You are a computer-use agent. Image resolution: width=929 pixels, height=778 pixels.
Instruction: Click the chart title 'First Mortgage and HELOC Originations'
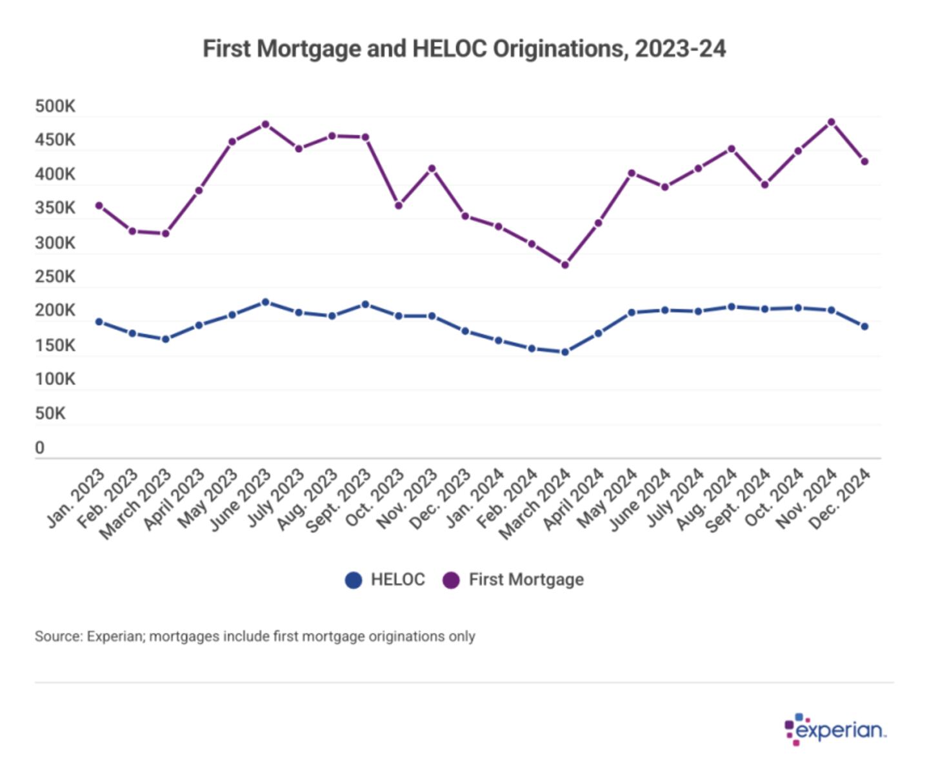[x=464, y=49]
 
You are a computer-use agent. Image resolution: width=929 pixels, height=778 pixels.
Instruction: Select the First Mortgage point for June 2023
[x=265, y=125]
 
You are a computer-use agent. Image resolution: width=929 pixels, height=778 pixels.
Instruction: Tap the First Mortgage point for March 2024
[x=565, y=264]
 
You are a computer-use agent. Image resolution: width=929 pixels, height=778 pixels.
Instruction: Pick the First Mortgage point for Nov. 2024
[x=831, y=122]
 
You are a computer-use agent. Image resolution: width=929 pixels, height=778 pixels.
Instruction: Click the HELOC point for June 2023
[x=265, y=302]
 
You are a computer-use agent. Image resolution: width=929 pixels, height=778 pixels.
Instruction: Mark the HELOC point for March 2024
[x=565, y=352]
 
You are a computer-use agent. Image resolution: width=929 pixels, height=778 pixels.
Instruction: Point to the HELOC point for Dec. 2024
[x=864, y=326]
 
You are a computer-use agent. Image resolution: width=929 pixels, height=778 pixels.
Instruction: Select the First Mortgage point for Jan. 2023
[x=99, y=206]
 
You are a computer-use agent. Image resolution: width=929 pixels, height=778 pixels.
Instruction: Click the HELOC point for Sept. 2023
[x=365, y=304]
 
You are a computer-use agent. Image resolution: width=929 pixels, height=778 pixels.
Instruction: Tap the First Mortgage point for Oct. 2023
[x=399, y=206]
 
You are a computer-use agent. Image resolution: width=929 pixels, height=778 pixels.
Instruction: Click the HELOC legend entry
[x=385, y=580]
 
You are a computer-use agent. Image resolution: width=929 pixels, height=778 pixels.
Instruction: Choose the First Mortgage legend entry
[x=514, y=580]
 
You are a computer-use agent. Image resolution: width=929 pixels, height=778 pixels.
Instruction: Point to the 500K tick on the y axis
[x=55, y=106]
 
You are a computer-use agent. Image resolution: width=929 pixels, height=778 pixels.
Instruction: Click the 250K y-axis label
[x=55, y=277]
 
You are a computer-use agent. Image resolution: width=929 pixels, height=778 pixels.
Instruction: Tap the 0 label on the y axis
[x=40, y=448]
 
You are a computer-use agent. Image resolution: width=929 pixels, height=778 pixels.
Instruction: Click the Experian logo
[x=835, y=730]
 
